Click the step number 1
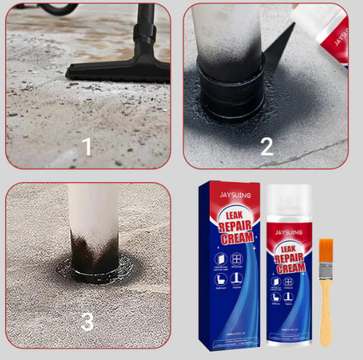pos(87,147)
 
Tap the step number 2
pos(266,147)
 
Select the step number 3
pos(87,322)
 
